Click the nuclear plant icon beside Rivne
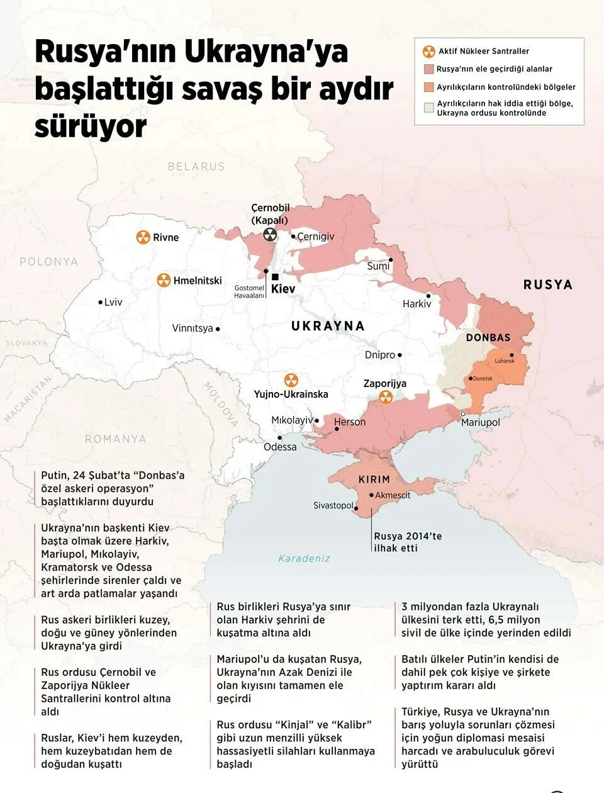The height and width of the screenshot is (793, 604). (143, 237)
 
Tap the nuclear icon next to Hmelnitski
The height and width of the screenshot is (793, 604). (164, 280)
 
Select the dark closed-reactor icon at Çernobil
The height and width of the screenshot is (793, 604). (270, 235)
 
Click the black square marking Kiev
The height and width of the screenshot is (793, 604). (275, 277)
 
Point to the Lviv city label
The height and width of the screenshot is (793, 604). (113, 302)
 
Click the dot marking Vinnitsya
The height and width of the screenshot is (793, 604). (218, 329)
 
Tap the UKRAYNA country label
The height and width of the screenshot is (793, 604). (328, 325)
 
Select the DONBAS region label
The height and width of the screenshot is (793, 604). (488, 337)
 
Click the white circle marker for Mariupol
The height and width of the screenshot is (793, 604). (464, 413)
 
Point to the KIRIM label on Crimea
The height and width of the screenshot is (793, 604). (374, 480)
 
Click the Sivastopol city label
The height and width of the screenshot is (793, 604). (333, 505)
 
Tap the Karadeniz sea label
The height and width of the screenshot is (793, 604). (304, 558)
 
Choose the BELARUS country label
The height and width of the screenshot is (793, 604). (196, 166)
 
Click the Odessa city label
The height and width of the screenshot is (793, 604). (280, 447)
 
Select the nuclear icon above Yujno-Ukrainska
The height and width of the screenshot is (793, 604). (291, 380)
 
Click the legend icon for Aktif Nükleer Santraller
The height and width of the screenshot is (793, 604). (429, 51)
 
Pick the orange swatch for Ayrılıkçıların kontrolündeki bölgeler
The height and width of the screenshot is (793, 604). (429, 87)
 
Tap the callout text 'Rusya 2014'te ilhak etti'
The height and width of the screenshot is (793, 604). (408, 542)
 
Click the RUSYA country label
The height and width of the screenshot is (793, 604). (547, 284)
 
